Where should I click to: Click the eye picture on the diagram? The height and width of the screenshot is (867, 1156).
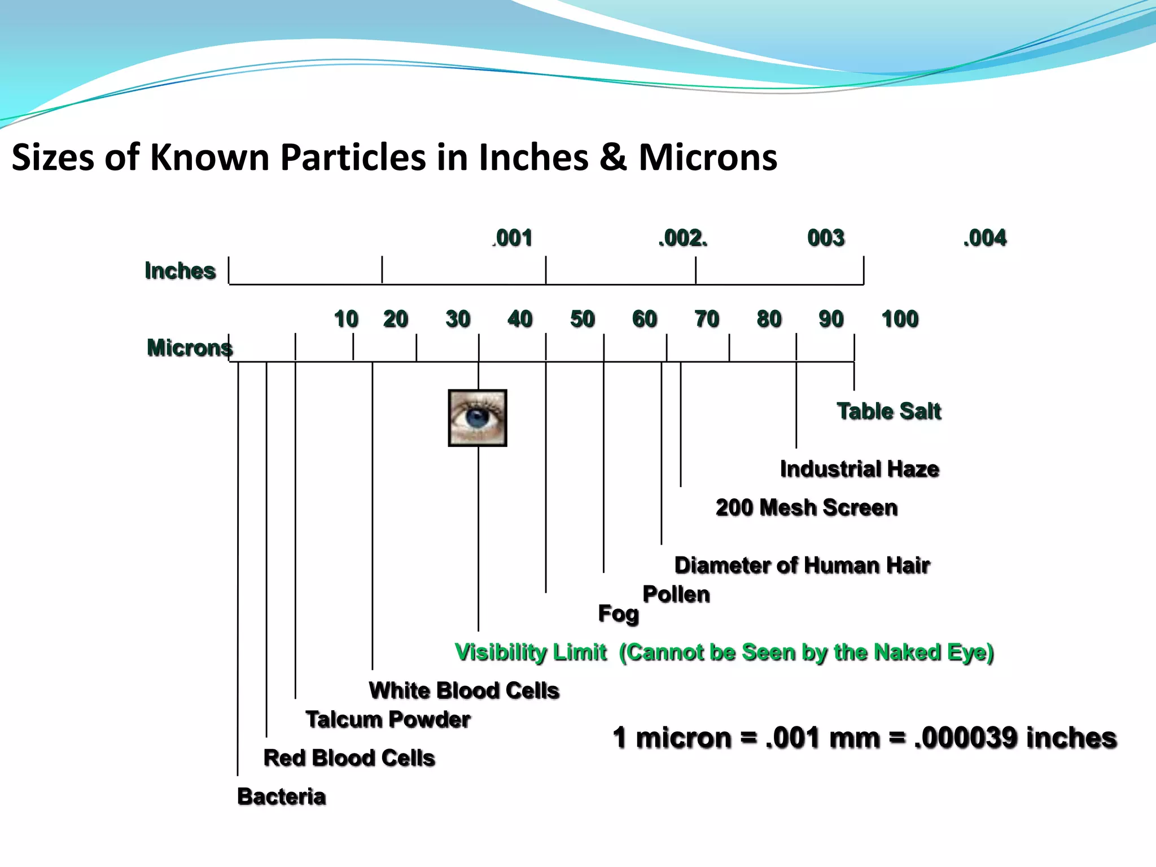pyautogui.click(x=478, y=418)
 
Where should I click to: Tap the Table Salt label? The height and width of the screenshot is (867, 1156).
pyautogui.click(x=889, y=411)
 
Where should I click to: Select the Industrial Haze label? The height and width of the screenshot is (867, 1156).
pyautogui.click(x=860, y=469)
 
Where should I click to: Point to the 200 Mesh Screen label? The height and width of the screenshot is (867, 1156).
pyautogui.click(x=807, y=507)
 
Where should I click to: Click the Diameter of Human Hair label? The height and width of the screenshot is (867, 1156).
pyautogui.click(x=802, y=565)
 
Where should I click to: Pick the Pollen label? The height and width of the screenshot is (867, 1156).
pyautogui.click(x=676, y=594)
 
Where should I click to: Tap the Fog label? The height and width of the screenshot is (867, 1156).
pyautogui.click(x=619, y=614)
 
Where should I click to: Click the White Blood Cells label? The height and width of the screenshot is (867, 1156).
pyautogui.click(x=464, y=690)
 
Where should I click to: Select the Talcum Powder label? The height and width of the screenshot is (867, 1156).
pyautogui.click(x=388, y=720)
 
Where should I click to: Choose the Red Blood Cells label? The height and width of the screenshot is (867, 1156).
pyautogui.click(x=349, y=758)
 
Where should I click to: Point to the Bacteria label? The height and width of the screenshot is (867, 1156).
pyautogui.click(x=282, y=796)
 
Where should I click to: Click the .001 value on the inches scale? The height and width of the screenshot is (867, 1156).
pyautogui.click(x=513, y=238)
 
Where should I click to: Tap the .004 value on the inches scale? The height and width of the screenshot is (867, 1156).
pyautogui.click(x=985, y=238)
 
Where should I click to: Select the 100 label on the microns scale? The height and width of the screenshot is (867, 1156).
pyautogui.click(x=900, y=319)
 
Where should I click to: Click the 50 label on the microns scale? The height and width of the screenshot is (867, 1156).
pyautogui.click(x=583, y=319)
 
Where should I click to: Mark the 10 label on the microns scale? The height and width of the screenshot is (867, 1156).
pyautogui.click(x=346, y=319)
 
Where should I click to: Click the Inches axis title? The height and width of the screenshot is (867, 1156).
pyautogui.click(x=180, y=271)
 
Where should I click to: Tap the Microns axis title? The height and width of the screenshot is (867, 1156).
pyautogui.click(x=190, y=348)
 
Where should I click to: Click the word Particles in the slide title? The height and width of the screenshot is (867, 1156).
pyautogui.click(x=353, y=157)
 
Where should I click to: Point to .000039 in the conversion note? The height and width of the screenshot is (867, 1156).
pyautogui.click(x=967, y=738)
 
